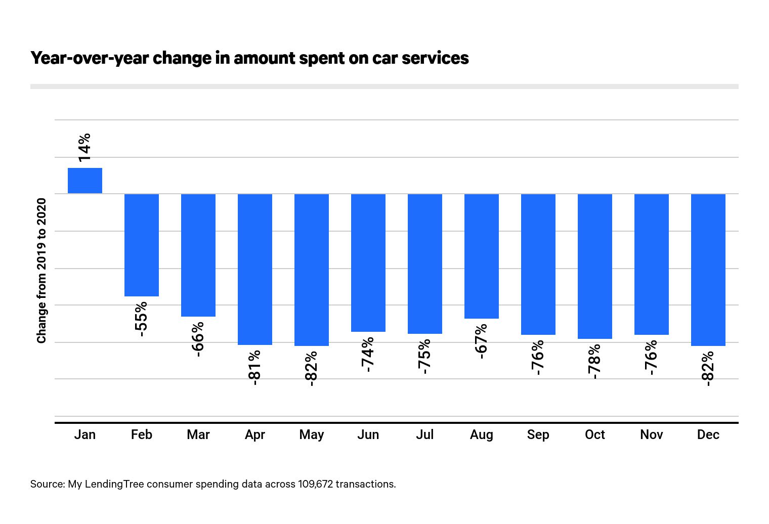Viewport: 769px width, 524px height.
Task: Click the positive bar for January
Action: click(85, 181)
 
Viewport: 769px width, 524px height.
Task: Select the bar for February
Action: click(142, 245)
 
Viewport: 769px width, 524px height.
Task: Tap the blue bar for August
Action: click(482, 256)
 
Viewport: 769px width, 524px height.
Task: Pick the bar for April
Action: click(255, 269)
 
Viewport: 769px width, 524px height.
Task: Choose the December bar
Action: click(708, 270)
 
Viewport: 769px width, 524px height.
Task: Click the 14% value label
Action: click(84, 147)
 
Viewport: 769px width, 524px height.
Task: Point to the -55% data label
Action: click(141, 319)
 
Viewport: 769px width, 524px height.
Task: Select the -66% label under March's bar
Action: click(198, 339)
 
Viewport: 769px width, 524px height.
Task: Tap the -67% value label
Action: click(481, 341)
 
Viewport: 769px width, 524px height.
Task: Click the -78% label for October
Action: click(594, 361)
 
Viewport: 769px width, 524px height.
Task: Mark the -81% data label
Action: click(254, 367)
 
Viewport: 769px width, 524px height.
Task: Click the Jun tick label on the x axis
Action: click(368, 435)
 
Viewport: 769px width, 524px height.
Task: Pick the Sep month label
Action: click(538, 435)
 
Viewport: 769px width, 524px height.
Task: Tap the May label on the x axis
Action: click(312, 435)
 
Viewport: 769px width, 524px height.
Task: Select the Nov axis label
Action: click(651, 435)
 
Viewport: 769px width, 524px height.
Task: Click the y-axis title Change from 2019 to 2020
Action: click(41, 271)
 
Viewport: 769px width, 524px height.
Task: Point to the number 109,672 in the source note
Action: click(315, 484)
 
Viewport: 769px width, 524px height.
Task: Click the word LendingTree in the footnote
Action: click(114, 484)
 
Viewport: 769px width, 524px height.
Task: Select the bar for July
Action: click(425, 264)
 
